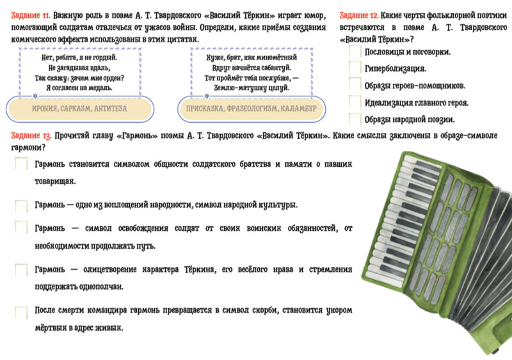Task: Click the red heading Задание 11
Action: (31, 15)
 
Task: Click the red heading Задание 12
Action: (359, 15)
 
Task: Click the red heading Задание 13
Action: (31, 136)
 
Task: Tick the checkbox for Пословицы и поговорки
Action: (355, 52)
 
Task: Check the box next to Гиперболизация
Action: (355, 68)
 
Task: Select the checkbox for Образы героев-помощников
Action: (355, 84)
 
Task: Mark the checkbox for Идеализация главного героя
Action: (355, 102)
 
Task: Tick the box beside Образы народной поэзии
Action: (355, 119)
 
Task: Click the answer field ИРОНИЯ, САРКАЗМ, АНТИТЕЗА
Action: (79, 109)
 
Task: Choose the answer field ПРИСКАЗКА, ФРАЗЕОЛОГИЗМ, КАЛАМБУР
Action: (252, 109)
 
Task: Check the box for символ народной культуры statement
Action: (21, 206)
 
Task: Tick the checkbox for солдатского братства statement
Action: (21, 164)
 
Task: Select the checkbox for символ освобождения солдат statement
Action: (21, 227)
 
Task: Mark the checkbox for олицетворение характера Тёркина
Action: (21, 270)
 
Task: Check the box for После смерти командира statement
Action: (21, 312)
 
